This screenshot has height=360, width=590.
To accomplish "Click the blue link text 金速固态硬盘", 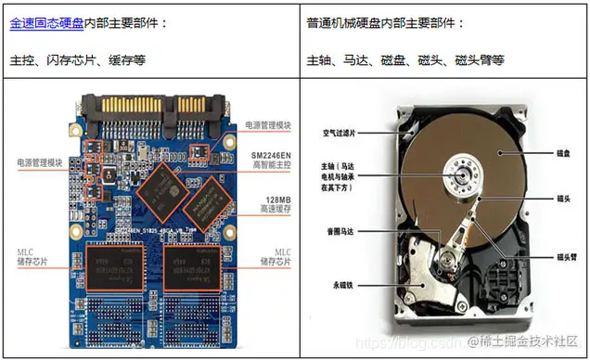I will pyautogui.click(x=46, y=22).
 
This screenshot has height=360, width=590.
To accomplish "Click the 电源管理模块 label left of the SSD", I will pyautogui.click(x=39, y=161).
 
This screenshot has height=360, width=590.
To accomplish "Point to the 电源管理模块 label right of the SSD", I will pyautogui.click(x=268, y=124).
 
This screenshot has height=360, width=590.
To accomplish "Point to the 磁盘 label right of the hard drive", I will pyautogui.click(x=563, y=150).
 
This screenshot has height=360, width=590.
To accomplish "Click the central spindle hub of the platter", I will pyautogui.click(x=461, y=171).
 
